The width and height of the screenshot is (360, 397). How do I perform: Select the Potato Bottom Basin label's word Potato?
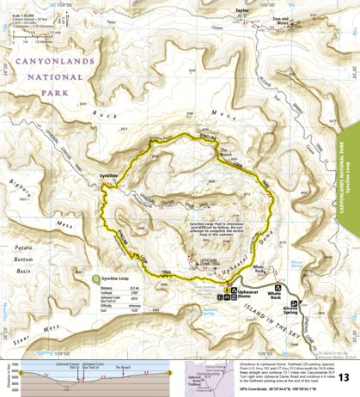[x=27, y=247]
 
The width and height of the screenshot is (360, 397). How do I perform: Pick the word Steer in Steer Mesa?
[x=20, y=328]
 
